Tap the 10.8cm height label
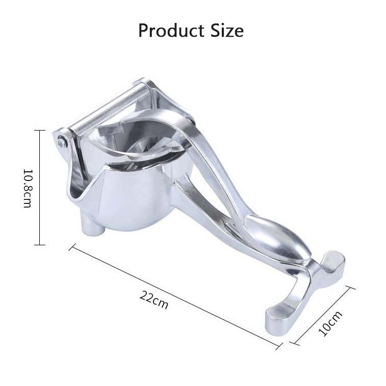[28, 188]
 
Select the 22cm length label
[154, 299]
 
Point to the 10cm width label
[330, 323]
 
